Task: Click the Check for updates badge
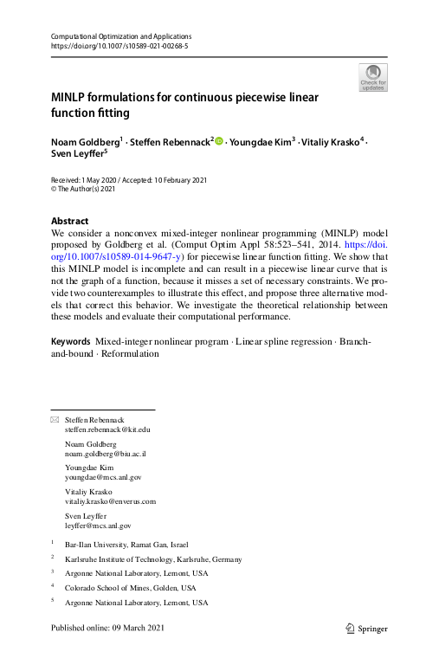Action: [x=373, y=77]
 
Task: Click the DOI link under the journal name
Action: [x=119, y=46]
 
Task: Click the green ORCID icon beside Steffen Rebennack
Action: [x=219, y=141]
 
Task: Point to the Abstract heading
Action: [x=70, y=221]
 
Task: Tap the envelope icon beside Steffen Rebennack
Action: [x=56, y=419]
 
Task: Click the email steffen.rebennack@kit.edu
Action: [x=108, y=429]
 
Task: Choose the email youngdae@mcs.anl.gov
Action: [x=103, y=477]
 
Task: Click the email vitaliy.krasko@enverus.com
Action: [x=110, y=501]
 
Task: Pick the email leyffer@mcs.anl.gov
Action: [x=98, y=525]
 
